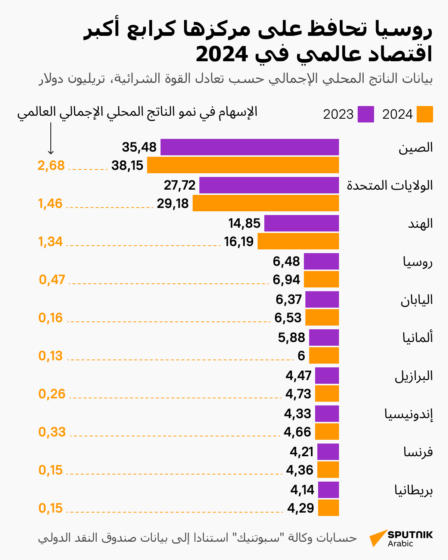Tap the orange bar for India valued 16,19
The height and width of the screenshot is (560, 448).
[x=298, y=241]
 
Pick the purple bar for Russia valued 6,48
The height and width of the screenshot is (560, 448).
[x=321, y=261]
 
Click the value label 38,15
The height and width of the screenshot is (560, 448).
[x=127, y=165]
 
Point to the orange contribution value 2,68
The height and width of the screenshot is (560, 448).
[x=51, y=165]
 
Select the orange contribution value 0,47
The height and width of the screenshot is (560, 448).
[x=52, y=280]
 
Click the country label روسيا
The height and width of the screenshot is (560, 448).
[x=417, y=262]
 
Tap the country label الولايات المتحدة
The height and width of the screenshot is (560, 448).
[x=390, y=186]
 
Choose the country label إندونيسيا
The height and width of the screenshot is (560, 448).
[x=408, y=414]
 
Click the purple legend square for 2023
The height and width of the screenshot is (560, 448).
[x=365, y=114]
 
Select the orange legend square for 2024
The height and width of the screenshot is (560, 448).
[x=424, y=114]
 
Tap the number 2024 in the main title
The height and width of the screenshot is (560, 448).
[x=222, y=55]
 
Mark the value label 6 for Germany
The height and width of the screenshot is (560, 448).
[x=301, y=356]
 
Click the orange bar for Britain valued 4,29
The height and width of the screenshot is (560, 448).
[x=328, y=508]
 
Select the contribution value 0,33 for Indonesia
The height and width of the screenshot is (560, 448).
[x=52, y=432]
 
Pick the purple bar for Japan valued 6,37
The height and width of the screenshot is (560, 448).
[x=322, y=299]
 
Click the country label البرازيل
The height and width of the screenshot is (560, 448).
[x=414, y=376]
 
